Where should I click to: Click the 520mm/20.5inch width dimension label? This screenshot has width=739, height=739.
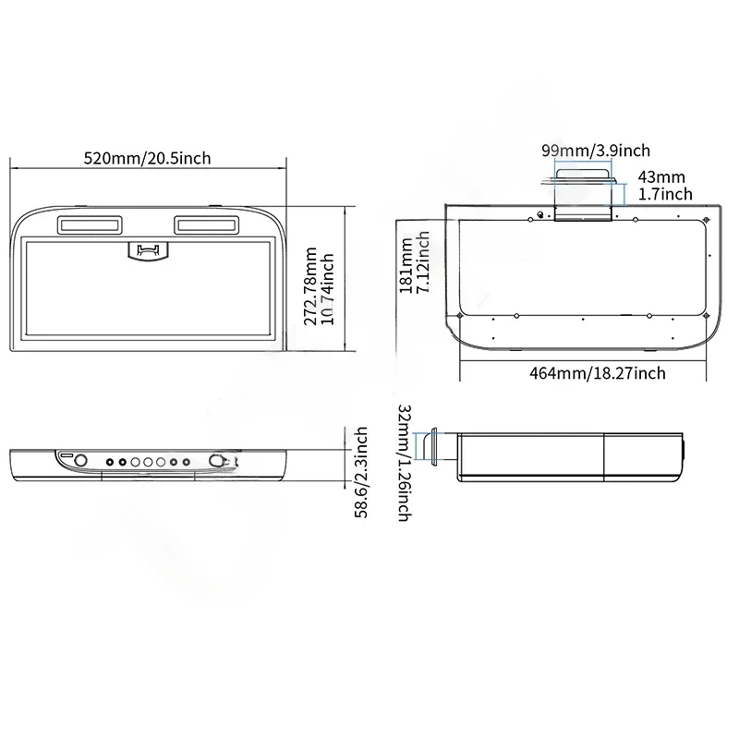coord(147,158)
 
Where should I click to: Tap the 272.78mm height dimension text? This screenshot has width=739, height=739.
coord(310,286)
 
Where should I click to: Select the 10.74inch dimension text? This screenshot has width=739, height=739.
coord(327,289)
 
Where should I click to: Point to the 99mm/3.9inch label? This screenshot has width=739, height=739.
coord(596,151)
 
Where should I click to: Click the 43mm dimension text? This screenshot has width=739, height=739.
coord(661,177)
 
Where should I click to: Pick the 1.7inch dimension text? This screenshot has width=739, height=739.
coord(665,194)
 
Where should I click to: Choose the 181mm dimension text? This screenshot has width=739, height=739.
coord(406,265)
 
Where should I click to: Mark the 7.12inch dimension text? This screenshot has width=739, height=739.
coord(423,262)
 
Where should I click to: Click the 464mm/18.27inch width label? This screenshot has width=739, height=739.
coord(598,373)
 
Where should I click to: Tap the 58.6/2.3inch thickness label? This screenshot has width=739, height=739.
coord(360,473)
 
